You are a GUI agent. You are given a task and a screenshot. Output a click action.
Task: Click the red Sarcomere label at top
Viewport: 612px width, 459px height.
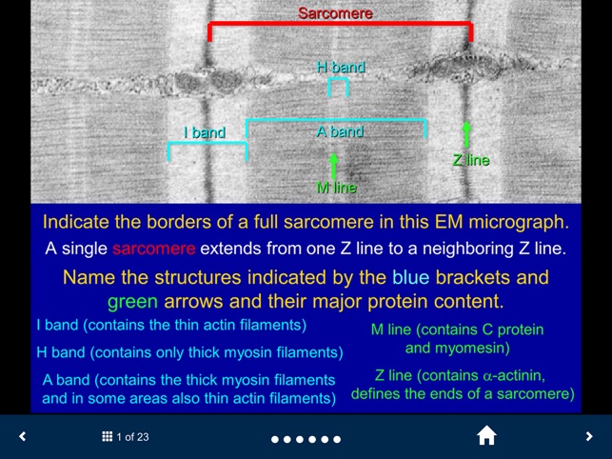coord(335,13)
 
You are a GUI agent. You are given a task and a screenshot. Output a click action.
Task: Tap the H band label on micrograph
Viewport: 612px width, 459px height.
coord(341,68)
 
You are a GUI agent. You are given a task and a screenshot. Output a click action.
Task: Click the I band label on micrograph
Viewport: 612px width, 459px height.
coord(205,132)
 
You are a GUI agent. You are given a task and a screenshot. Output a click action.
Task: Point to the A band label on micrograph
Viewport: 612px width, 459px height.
coord(341,131)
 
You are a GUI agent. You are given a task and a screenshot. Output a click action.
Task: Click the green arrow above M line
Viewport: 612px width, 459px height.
coord(334,164)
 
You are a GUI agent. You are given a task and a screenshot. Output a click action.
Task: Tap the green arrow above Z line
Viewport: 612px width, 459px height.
coord(466,135)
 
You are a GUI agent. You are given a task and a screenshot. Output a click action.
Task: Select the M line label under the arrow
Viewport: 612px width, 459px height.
coord(336,188)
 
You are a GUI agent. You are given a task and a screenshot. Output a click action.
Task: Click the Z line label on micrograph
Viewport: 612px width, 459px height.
coord(470,160)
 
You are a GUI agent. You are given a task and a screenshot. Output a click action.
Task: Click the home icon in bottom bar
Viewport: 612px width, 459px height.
coord(486,436)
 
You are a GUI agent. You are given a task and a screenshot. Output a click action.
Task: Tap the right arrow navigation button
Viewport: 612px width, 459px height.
coord(589,437)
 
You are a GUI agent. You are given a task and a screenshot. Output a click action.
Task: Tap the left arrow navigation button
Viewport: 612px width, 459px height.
coord(23,437)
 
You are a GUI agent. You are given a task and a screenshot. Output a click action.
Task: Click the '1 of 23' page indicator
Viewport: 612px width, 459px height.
coord(132,437)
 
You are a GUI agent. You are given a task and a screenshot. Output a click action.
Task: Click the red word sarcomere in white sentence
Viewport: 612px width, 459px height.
coord(154,249)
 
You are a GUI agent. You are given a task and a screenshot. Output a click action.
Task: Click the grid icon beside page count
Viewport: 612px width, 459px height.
coord(108,437)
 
